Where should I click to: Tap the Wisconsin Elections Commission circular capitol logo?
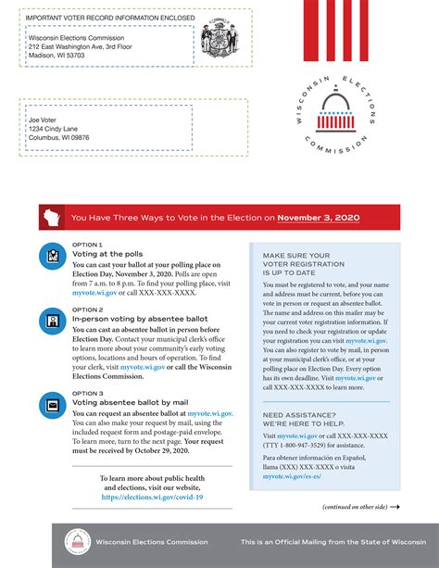coord(332,114)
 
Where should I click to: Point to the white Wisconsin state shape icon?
coord(50,218)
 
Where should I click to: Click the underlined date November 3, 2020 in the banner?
coord(318,218)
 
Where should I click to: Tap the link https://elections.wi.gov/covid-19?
coord(152,498)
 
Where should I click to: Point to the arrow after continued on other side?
coord(395,508)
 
